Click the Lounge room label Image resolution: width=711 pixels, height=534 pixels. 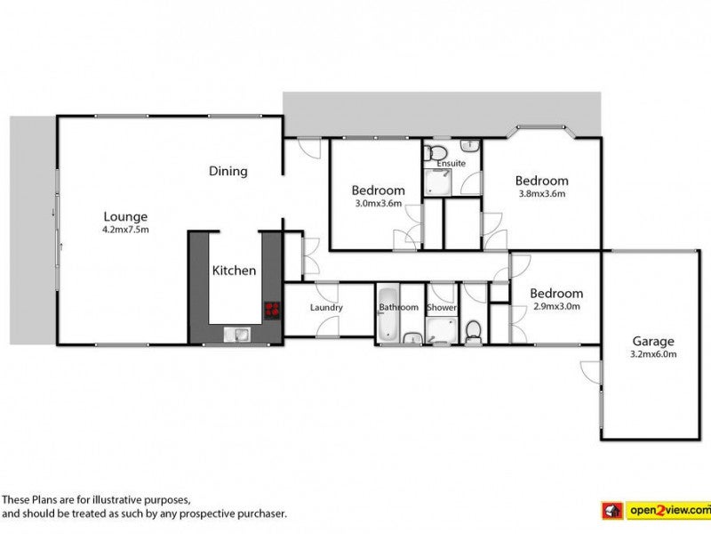point(125,217)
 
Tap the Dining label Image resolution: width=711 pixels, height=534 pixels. point(228,171)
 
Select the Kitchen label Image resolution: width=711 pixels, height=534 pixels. point(234,271)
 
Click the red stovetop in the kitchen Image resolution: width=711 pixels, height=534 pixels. point(272,310)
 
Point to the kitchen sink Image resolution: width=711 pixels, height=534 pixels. point(236,335)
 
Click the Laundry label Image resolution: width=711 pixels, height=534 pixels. point(326,308)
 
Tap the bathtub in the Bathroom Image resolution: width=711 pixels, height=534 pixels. point(388,314)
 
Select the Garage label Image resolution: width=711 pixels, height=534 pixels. point(653,342)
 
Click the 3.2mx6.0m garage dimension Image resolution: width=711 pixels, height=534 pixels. point(653,354)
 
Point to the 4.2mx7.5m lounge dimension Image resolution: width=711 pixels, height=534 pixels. point(125,230)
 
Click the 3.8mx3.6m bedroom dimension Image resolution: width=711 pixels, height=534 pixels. point(542,194)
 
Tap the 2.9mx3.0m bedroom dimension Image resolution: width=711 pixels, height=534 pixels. point(556,306)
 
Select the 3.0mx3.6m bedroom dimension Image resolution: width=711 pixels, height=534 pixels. point(379,204)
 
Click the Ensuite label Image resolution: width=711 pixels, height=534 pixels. point(451,163)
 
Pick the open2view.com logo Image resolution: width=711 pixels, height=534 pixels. point(656,510)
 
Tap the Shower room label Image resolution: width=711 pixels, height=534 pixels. point(442,307)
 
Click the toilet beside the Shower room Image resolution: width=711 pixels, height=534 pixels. point(474,332)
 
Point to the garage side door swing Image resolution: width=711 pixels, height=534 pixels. point(590,372)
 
